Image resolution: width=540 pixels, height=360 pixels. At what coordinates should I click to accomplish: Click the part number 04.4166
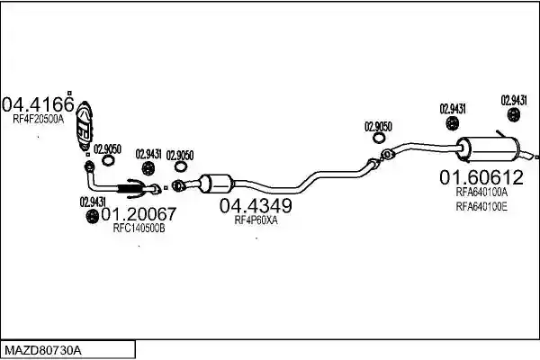38,104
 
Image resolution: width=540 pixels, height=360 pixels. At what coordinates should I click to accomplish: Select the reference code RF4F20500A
38,120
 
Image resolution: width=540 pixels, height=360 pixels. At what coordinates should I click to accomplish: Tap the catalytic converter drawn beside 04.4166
84,126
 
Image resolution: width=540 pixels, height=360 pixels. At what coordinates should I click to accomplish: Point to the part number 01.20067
139,214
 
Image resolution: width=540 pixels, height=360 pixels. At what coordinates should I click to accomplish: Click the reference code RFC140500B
139,228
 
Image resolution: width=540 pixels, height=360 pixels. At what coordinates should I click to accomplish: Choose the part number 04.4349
256,206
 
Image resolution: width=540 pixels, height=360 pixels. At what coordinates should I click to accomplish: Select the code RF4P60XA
256,220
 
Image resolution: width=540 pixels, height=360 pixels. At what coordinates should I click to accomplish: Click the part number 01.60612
481,177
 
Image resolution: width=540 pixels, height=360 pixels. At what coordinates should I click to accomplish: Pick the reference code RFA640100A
481,192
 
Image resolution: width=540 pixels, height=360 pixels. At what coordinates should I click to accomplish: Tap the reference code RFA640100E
481,207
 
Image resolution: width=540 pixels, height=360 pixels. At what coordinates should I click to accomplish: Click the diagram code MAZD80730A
43,351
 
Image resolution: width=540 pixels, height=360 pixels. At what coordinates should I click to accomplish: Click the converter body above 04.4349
216,184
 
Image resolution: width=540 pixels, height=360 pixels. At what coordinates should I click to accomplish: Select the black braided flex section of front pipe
129,188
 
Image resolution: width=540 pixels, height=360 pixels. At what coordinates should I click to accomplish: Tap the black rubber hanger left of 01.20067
92,216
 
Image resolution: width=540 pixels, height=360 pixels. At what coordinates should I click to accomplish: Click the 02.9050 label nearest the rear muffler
378,127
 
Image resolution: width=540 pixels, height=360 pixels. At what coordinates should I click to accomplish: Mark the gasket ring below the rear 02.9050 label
379,138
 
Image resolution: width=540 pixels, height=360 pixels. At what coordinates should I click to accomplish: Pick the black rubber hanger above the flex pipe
148,168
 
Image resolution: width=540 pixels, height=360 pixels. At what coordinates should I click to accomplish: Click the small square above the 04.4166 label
69,93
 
